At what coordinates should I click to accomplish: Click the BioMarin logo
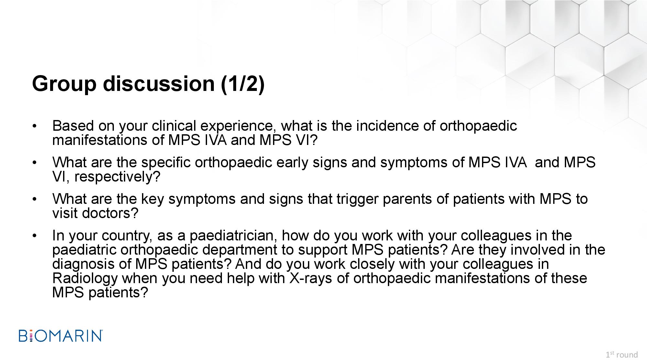pos(61,336)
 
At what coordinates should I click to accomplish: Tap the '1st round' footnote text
pos(622,355)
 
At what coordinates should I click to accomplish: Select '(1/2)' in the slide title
pos(243,84)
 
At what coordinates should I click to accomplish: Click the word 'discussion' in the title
pos(159,83)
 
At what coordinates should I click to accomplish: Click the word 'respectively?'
pos(117,177)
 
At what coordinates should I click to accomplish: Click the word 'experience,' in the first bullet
pos(238,126)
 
